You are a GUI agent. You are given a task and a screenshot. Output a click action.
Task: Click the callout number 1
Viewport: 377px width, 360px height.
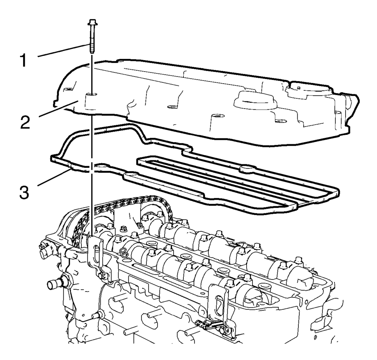(x=24, y=61)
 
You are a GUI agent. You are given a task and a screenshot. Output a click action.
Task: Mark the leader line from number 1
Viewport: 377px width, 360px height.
(x=63, y=51)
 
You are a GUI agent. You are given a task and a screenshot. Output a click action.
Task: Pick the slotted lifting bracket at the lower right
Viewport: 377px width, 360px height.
(x=218, y=301)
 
